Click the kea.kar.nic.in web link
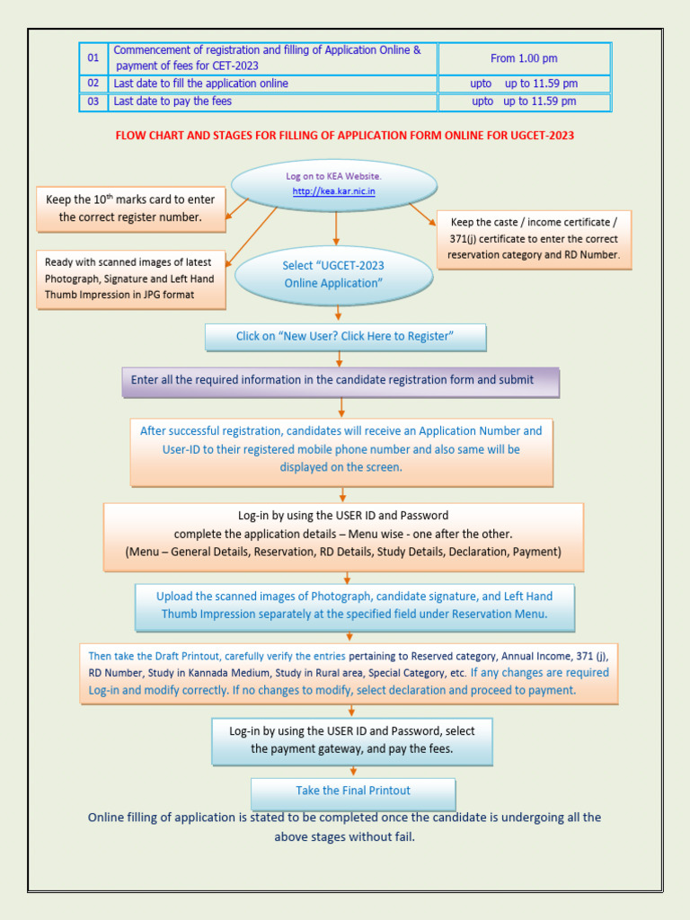(x=334, y=192)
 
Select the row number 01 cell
(x=93, y=58)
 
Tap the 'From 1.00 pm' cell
(x=524, y=58)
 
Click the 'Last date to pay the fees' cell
(x=272, y=102)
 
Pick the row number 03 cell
(x=93, y=102)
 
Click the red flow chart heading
(x=345, y=136)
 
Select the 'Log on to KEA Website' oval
(x=334, y=184)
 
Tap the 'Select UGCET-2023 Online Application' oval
(x=333, y=274)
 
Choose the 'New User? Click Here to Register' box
(x=345, y=337)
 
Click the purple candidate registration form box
(x=341, y=381)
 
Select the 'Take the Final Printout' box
(x=353, y=792)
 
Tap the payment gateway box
(x=352, y=740)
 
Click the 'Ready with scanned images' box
(x=130, y=279)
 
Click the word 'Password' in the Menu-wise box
(x=421, y=516)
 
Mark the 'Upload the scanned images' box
(x=354, y=606)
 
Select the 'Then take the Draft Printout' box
(x=349, y=673)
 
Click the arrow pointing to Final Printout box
(x=353, y=771)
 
